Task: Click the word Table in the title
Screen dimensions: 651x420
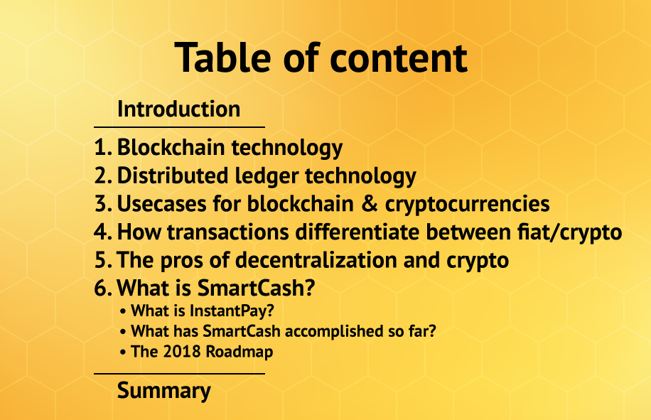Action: (222, 58)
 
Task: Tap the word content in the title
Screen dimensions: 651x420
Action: (399, 58)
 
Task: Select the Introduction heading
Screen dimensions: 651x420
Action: (179, 109)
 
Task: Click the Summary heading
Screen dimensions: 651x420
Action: (164, 391)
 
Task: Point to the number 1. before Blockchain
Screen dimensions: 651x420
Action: (103, 147)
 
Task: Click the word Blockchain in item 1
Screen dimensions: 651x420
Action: (171, 147)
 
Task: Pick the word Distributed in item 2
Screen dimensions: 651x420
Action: (173, 175)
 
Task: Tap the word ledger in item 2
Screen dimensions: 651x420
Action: (267, 176)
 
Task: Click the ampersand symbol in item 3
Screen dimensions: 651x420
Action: (370, 204)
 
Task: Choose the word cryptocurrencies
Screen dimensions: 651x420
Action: (468, 205)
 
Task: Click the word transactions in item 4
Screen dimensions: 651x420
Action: (228, 232)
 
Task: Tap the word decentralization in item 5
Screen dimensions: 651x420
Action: (316, 260)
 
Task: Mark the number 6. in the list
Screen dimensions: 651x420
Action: (103, 288)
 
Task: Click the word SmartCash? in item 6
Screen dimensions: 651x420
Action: (256, 288)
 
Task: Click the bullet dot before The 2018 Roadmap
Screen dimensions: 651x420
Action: (122, 352)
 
